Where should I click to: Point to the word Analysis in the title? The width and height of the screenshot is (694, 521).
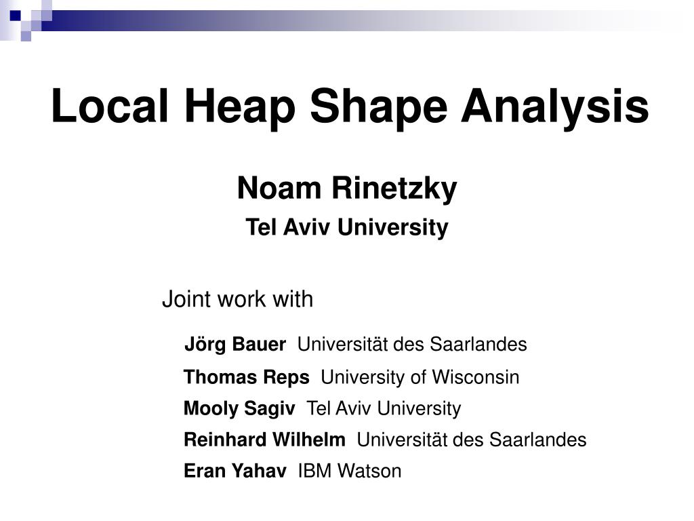coord(554,107)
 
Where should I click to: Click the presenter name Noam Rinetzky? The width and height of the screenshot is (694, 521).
coord(347,189)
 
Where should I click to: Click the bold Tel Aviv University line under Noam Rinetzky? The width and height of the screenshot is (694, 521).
coord(346,228)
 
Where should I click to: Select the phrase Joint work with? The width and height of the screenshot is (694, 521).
coord(237,299)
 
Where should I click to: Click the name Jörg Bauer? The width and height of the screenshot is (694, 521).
coord(235,345)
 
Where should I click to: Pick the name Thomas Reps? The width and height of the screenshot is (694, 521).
coord(247,377)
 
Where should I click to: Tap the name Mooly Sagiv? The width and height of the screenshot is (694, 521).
coord(239,408)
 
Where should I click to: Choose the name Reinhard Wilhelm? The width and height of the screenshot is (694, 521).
coord(264,440)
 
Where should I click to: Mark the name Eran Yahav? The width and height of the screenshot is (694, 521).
coord(234,471)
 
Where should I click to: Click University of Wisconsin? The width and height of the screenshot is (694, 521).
coord(420,377)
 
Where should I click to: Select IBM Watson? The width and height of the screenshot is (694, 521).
coord(350,471)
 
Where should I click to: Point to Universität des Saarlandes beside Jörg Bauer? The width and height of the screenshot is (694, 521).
coord(412,345)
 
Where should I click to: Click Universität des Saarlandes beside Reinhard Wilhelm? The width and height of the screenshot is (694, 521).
coord(472,440)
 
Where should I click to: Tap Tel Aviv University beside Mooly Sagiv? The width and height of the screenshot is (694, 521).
coord(384,408)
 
